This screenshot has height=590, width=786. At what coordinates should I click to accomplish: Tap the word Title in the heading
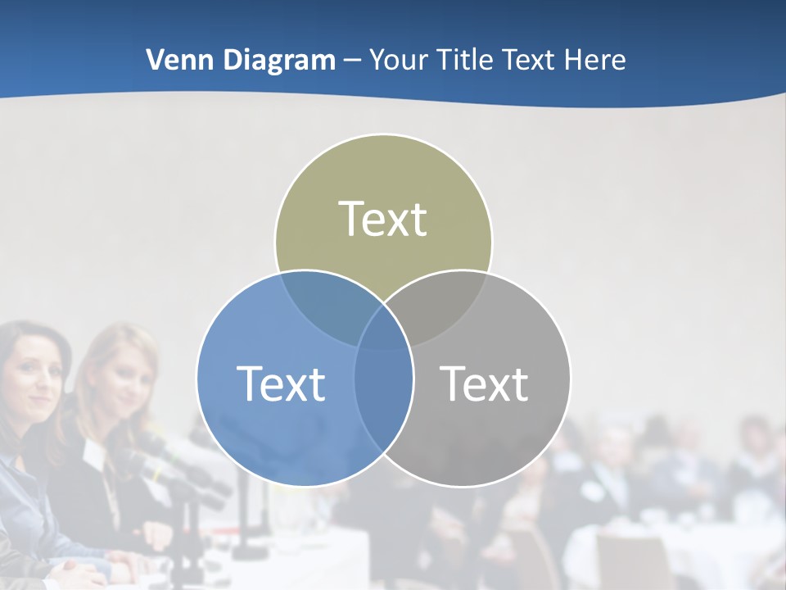point(463,60)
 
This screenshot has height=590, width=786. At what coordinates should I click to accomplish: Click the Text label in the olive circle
point(383,220)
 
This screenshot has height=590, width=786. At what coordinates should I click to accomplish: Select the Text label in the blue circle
point(281,383)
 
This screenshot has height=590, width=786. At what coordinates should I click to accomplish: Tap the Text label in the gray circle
point(485,383)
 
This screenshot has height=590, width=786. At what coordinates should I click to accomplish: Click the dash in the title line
point(352,61)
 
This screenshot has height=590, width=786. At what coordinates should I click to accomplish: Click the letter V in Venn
point(155,60)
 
